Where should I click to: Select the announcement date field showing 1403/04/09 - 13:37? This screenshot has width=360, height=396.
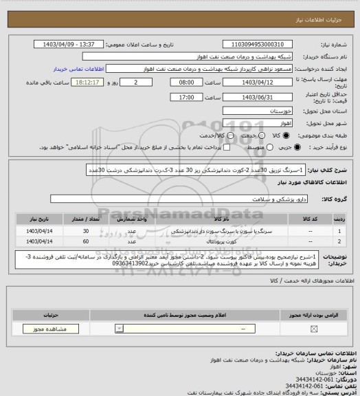click(x=76, y=44)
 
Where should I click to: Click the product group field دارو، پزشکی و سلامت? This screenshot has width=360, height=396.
click(x=172, y=198)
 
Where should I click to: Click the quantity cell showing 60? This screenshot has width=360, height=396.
click(x=86, y=242)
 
